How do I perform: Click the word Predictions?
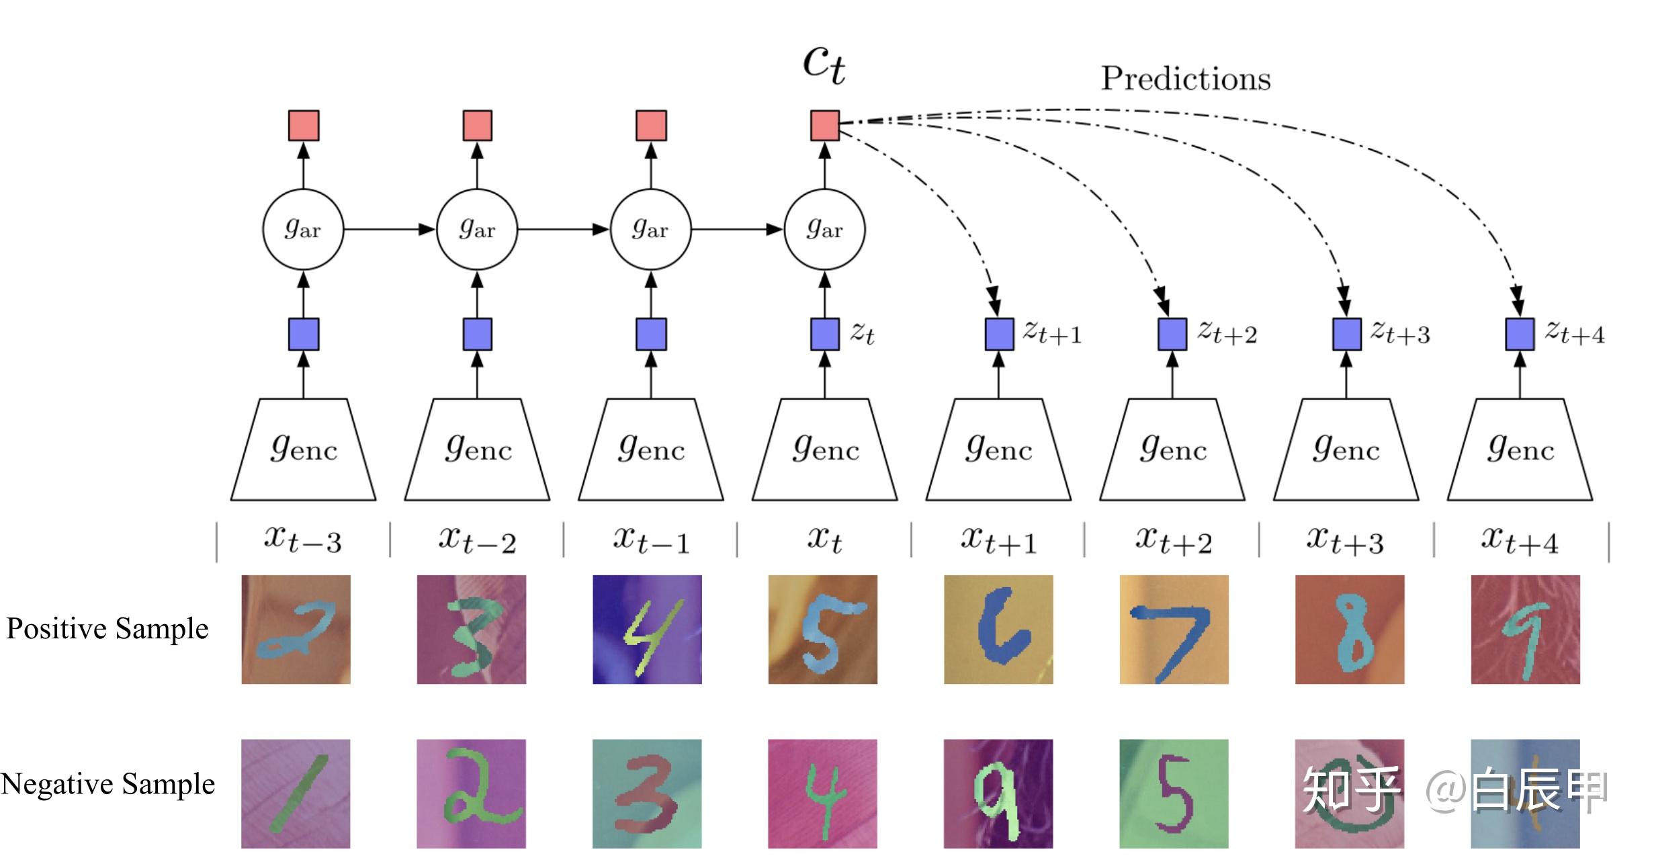1186,79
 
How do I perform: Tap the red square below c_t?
825,126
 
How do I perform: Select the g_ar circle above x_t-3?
303,229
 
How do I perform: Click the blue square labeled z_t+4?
1520,334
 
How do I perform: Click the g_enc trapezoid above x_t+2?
1172,449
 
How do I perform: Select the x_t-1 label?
651,540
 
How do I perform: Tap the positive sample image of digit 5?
823,630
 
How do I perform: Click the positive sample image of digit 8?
1350,630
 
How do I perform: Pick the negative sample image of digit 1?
296,793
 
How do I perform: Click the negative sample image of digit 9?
998,793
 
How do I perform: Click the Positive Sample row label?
107,629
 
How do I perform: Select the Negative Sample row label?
107,784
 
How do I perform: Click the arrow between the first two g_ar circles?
390,229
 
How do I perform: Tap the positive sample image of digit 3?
472,630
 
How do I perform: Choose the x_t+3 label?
1346,540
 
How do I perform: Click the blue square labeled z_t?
825,334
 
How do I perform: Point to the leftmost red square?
304,126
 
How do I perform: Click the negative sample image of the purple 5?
1174,793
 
